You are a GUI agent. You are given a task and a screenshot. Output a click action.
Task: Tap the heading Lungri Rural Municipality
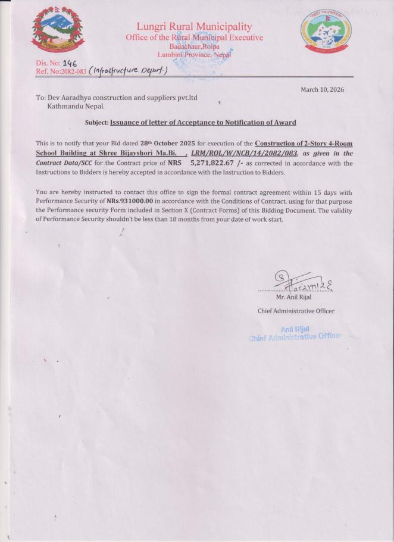click(194, 27)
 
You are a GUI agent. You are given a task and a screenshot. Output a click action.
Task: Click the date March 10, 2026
click(323, 90)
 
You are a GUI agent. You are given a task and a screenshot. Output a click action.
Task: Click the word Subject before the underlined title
click(96, 123)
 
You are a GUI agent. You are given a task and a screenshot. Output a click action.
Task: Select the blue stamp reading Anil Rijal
click(295, 333)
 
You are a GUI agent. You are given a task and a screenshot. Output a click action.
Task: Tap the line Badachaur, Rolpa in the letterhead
click(194, 46)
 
